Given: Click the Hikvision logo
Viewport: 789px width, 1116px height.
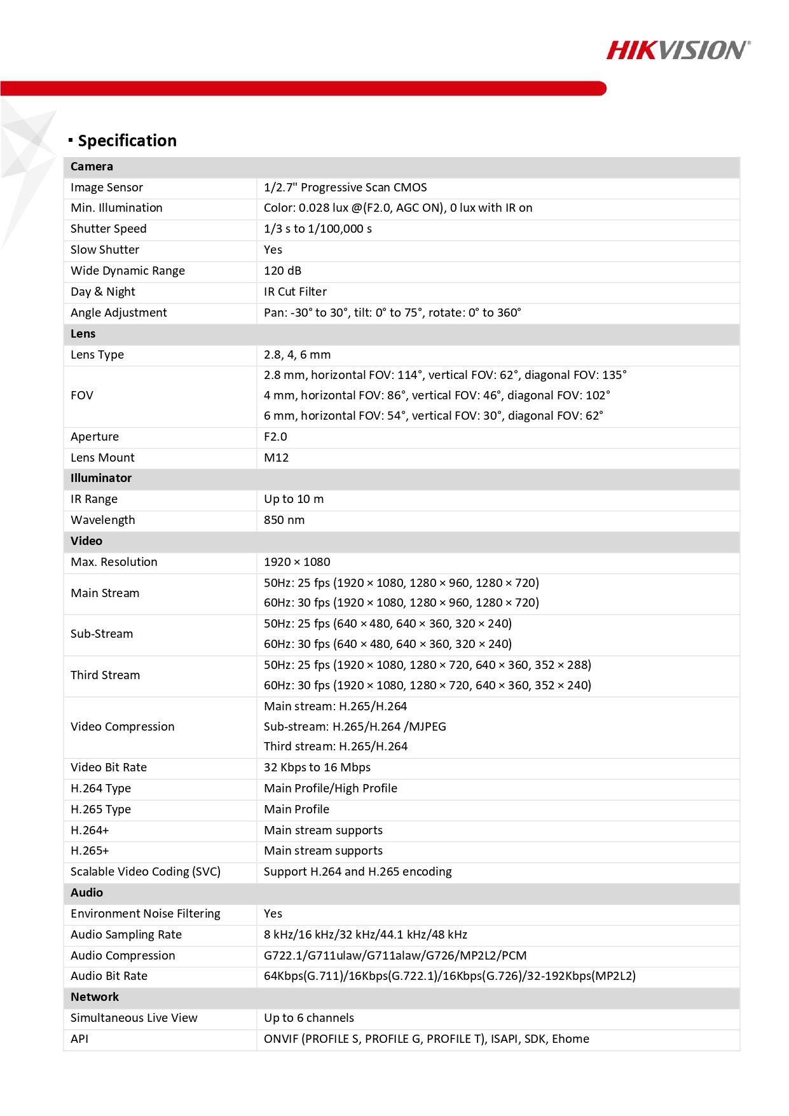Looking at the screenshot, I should pyautogui.click(x=678, y=50).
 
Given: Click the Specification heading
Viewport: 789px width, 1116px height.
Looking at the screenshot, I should pyautogui.click(x=127, y=141).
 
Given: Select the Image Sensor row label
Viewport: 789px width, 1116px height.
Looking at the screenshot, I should pyautogui.click(x=107, y=188).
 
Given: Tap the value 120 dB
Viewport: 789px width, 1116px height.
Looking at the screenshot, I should pyautogui.click(x=283, y=271).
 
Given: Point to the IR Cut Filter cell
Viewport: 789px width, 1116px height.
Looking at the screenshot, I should pyautogui.click(x=296, y=292).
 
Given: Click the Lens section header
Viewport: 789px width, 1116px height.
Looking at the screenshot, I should pyautogui.click(x=83, y=334).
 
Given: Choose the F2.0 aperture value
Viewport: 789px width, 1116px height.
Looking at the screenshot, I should pyautogui.click(x=275, y=437).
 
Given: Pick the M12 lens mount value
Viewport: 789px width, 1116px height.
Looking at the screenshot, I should pyautogui.click(x=277, y=458).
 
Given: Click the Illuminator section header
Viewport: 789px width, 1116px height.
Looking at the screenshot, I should pyautogui.click(x=101, y=478).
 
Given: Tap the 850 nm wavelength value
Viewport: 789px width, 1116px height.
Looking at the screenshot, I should pyautogui.click(x=284, y=520).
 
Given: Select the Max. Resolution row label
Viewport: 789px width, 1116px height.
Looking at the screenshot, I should pyautogui.click(x=114, y=562).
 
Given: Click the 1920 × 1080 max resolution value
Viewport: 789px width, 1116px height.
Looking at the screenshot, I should pyautogui.click(x=297, y=562).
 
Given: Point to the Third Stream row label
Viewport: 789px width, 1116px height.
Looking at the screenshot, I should pyautogui.click(x=106, y=675).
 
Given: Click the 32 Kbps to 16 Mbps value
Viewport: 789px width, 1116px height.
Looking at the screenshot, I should pyautogui.click(x=317, y=768).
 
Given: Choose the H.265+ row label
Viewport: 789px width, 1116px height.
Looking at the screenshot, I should pyautogui.click(x=90, y=851).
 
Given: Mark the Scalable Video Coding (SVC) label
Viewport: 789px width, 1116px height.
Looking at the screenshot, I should pyautogui.click(x=146, y=872).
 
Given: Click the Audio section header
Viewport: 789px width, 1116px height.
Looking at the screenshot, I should pyautogui.click(x=87, y=893).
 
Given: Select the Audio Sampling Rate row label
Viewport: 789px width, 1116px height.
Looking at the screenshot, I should pyautogui.click(x=127, y=935).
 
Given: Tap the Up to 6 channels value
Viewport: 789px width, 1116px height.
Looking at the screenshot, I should pyautogui.click(x=309, y=1018).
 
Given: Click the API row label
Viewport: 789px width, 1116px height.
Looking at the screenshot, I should pyautogui.click(x=79, y=1039).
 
